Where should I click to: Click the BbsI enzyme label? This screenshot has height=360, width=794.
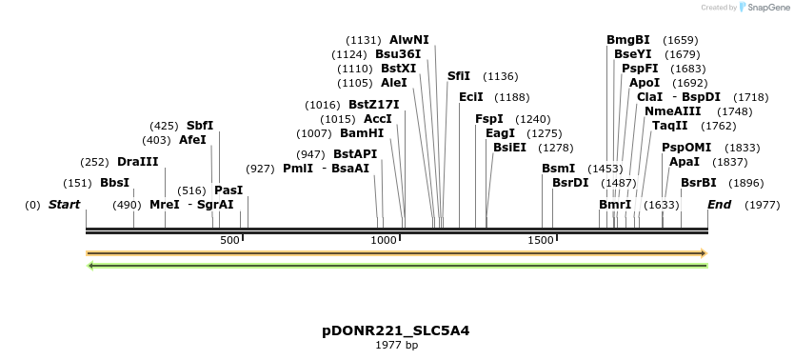pos(114,183)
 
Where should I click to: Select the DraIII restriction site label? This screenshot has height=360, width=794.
pos(138,162)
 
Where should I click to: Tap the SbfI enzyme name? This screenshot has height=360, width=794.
pos(200,126)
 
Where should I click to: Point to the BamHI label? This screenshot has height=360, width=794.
pos(362,133)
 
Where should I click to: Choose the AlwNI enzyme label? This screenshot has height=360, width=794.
pos(409,40)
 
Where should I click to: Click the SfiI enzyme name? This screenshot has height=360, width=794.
pos(459,76)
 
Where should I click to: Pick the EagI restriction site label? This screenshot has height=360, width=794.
pos(500,133)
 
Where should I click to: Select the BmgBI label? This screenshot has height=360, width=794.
pos(628,40)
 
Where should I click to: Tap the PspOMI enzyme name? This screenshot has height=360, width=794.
pos(686,148)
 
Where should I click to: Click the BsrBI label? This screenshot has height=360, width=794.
pos(699,183)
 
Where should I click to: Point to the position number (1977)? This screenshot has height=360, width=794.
pos(762,205)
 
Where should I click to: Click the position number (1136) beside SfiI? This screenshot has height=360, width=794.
pos(501,76)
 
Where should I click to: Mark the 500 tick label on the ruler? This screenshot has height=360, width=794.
pos(229,241)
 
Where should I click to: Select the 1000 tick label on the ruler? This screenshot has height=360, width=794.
pos(384,241)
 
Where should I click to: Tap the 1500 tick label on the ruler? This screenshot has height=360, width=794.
pos(540,241)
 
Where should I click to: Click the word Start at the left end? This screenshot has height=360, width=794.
pos(64,205)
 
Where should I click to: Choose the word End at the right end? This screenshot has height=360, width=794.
pos(720,205)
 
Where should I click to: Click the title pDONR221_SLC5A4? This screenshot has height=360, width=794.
pos(396,331)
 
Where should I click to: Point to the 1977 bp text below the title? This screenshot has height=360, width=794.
pos(396,346)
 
